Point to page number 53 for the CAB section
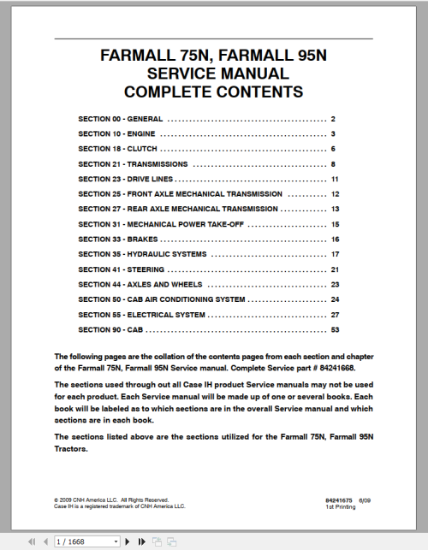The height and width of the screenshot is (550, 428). click(335, 329)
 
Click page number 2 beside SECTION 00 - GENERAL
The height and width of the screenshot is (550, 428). click(332, 119)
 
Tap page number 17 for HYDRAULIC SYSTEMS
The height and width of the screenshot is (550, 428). click(336, 254)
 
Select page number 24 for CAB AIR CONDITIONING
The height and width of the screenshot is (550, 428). click(336, 299)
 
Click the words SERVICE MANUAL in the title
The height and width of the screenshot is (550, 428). click(213, 74)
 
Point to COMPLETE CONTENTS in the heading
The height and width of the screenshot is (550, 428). click(213, 92)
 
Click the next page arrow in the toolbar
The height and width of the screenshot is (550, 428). click(129, 541)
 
